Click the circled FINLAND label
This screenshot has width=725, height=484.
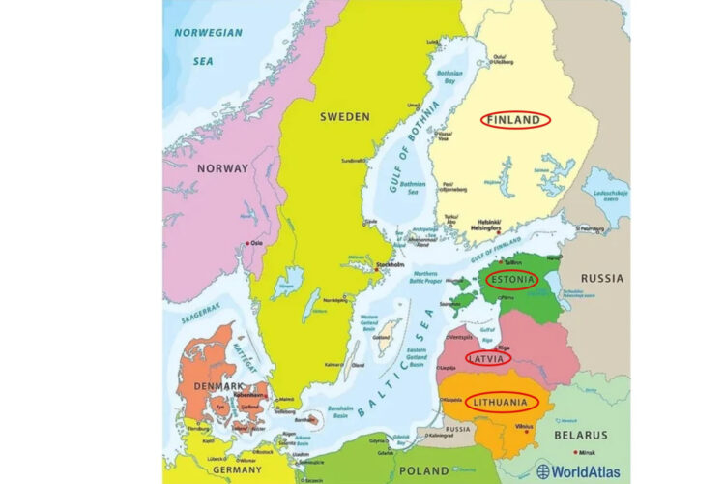coord(515,120)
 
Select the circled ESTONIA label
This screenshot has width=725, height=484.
coord(511,281)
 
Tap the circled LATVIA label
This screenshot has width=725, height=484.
coord(487,358)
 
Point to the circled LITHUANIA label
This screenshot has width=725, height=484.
coord(501,401)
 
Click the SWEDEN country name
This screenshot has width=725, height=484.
coord(344,116)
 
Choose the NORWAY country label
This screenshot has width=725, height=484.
coord(222,168)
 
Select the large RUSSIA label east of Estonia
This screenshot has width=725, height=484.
coord(601,279)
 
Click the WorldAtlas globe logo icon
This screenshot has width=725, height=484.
coord(543,471)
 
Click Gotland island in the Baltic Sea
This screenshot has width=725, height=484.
coord(384,334)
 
